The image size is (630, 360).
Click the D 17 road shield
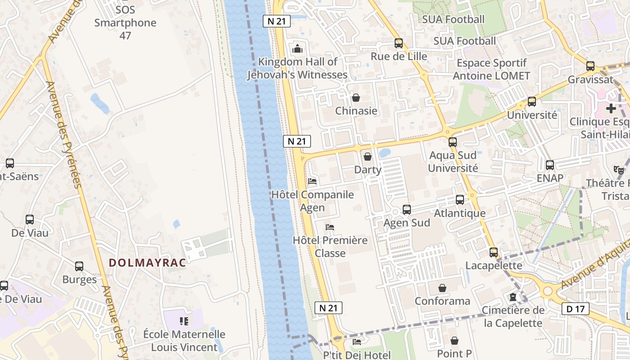[575, 309]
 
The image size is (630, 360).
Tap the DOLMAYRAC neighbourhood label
[148, 263]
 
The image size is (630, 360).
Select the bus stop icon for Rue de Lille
[398, 43]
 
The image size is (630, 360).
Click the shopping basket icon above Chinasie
[356, 98]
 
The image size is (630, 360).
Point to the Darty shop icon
[368, 157]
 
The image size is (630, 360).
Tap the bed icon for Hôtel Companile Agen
[312, 181]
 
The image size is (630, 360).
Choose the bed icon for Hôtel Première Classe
[330, 227]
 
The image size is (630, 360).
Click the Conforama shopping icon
[442, 288]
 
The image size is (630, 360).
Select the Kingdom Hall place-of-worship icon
[297, 49]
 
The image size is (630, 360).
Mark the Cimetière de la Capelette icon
[513, 297]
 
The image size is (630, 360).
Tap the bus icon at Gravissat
[590, 66]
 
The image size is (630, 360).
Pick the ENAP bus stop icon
[549, 165]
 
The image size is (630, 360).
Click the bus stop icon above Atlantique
[459, 200]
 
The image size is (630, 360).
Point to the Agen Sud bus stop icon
[406, 210]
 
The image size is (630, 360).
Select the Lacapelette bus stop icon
[494, 252]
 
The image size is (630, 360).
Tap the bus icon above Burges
[79, 266]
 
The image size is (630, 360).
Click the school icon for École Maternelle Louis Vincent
[184, 321]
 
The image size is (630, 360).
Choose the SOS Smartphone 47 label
[125, 22]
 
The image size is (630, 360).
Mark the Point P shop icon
[454, 341]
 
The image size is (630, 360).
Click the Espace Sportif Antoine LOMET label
[491, 69]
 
